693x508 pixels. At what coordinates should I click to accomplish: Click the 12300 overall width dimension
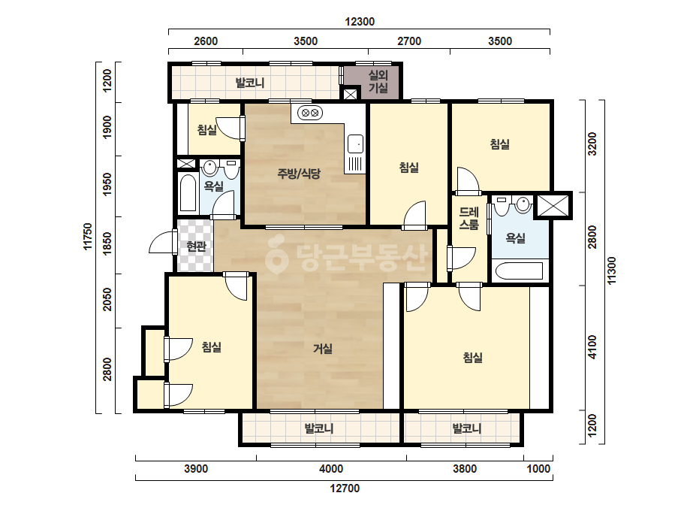pos(360,22)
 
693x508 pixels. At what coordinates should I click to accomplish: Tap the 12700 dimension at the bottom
pos(345,488)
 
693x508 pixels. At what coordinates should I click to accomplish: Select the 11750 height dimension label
pos(88,236)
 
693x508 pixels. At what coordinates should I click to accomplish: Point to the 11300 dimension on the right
pos(611,271)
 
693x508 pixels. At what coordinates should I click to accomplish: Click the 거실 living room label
pos(323,349)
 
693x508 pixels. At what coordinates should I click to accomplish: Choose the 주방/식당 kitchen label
pos(299,174)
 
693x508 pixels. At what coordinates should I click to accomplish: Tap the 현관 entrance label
pos(196,246)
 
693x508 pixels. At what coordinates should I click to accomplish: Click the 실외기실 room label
pos(378,82)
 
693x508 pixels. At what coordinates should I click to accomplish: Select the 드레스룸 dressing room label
pos(469,219)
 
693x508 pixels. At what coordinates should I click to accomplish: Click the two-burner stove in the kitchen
pos(309,113)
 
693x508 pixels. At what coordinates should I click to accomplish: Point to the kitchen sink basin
pos(355,144)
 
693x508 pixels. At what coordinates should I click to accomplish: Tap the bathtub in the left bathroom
pos(188,193)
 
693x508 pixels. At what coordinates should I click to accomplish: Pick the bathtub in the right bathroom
pos(520,271)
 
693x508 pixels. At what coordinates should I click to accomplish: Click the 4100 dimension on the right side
pos(592,347)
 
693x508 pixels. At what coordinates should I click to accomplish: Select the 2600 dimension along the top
pos(206,41)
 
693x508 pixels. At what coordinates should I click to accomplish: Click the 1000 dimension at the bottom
pos(538,469)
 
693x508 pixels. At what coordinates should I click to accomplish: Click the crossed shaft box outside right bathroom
pos(553,205)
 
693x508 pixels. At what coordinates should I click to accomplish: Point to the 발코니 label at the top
pos(250,83)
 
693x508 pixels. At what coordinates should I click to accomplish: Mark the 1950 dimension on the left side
pos(107,185)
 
